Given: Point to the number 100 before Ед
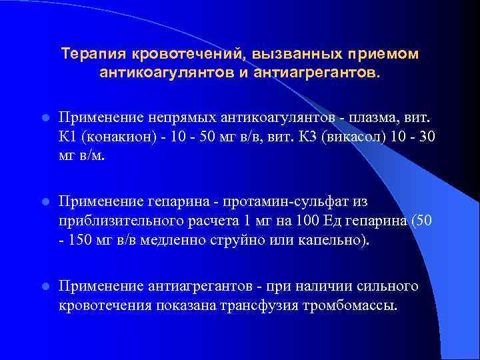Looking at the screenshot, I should (x=289, y=220).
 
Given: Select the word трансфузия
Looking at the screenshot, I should (x=251, y=305).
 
